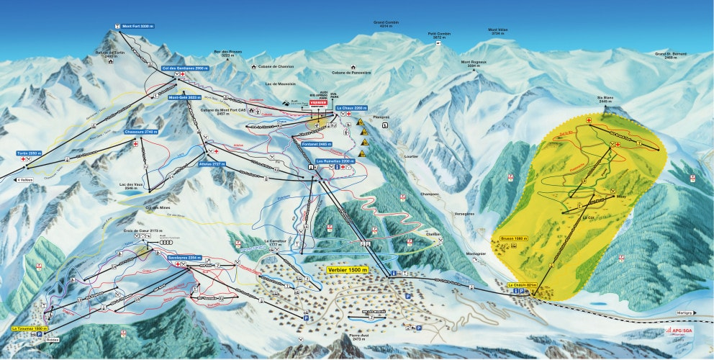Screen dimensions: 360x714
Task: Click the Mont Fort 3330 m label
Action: click(x=138, y=27)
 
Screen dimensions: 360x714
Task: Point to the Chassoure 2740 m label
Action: click(x=140, y=132)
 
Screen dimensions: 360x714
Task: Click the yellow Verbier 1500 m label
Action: click(x=348, y=269)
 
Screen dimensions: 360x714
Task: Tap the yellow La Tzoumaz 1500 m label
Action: click(x=33, y=328)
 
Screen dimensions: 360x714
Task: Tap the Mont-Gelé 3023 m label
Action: click(x=184, y=97)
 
